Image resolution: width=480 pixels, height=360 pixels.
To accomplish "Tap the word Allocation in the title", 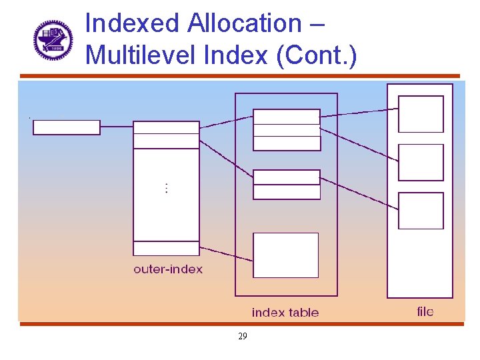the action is pyautogui.click(x=245, y=23).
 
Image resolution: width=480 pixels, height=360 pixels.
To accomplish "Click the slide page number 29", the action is pyautogui.click(x=242, y=337).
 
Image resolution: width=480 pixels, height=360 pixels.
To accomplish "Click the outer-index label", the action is pyautogui.click(x=168, y=269).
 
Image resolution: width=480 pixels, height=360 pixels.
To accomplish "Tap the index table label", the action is pyautogui.click(x=285, y=313).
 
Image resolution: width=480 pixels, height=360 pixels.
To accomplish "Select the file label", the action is pyautogui.click(x=425, y=311).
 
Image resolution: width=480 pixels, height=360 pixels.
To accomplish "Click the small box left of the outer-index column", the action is pyautogui.click(x=67, y=127).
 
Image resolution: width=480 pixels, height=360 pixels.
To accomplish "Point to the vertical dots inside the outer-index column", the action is pyautogui.click(x=167, y=188).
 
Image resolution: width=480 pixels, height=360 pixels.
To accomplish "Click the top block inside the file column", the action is pyautogui.click(x=421, y=114).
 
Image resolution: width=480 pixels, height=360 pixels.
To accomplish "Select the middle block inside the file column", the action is pyautogui.click(x=421, y=163).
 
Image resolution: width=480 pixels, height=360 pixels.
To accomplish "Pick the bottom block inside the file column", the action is pyautogui.click(x=421, y=211).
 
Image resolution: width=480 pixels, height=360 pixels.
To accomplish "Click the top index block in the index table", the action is pyautogui.click(x=287, y=130).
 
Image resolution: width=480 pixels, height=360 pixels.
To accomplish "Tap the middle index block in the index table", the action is pyautogui.click(x=287, y=185).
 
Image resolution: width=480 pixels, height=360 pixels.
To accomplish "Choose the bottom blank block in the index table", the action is pyautogui.click(x=286, y=255).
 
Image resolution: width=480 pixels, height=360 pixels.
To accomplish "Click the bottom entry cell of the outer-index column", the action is pyautogui.click(x=166, y=248).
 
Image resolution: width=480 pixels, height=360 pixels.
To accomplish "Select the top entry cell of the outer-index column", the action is pyautogui.click(x=166, y=127).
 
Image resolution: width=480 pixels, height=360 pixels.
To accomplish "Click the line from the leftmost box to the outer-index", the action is pyautogui.click(x=117, y=127).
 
